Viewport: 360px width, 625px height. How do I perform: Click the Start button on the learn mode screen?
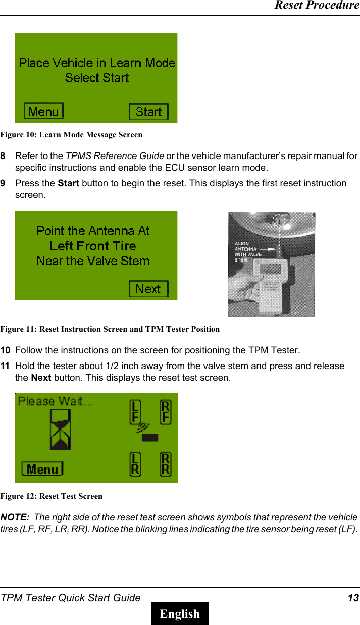click(x=148, y=112)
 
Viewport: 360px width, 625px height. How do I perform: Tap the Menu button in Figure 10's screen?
click(x=44, y=112)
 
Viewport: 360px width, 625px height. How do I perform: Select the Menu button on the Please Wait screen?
click(x=42, y=469)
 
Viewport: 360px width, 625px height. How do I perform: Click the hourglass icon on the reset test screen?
click(x=60, y=430)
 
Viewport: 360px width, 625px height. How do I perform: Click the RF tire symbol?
click(x=166, y=412)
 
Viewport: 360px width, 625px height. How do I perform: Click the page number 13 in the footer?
click(x=353, y=598)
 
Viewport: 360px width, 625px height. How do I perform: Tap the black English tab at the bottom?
click(x=180, y=613)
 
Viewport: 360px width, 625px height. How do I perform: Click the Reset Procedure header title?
click(x=317, y=6)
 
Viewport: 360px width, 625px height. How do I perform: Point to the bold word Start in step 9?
click(x=69, y=183)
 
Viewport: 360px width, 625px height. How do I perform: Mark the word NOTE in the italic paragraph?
click(x=14, y=517)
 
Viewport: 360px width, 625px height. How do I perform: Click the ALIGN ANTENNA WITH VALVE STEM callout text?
click(x=248, y=251)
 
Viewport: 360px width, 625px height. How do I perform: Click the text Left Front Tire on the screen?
click(x=93, y=246)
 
